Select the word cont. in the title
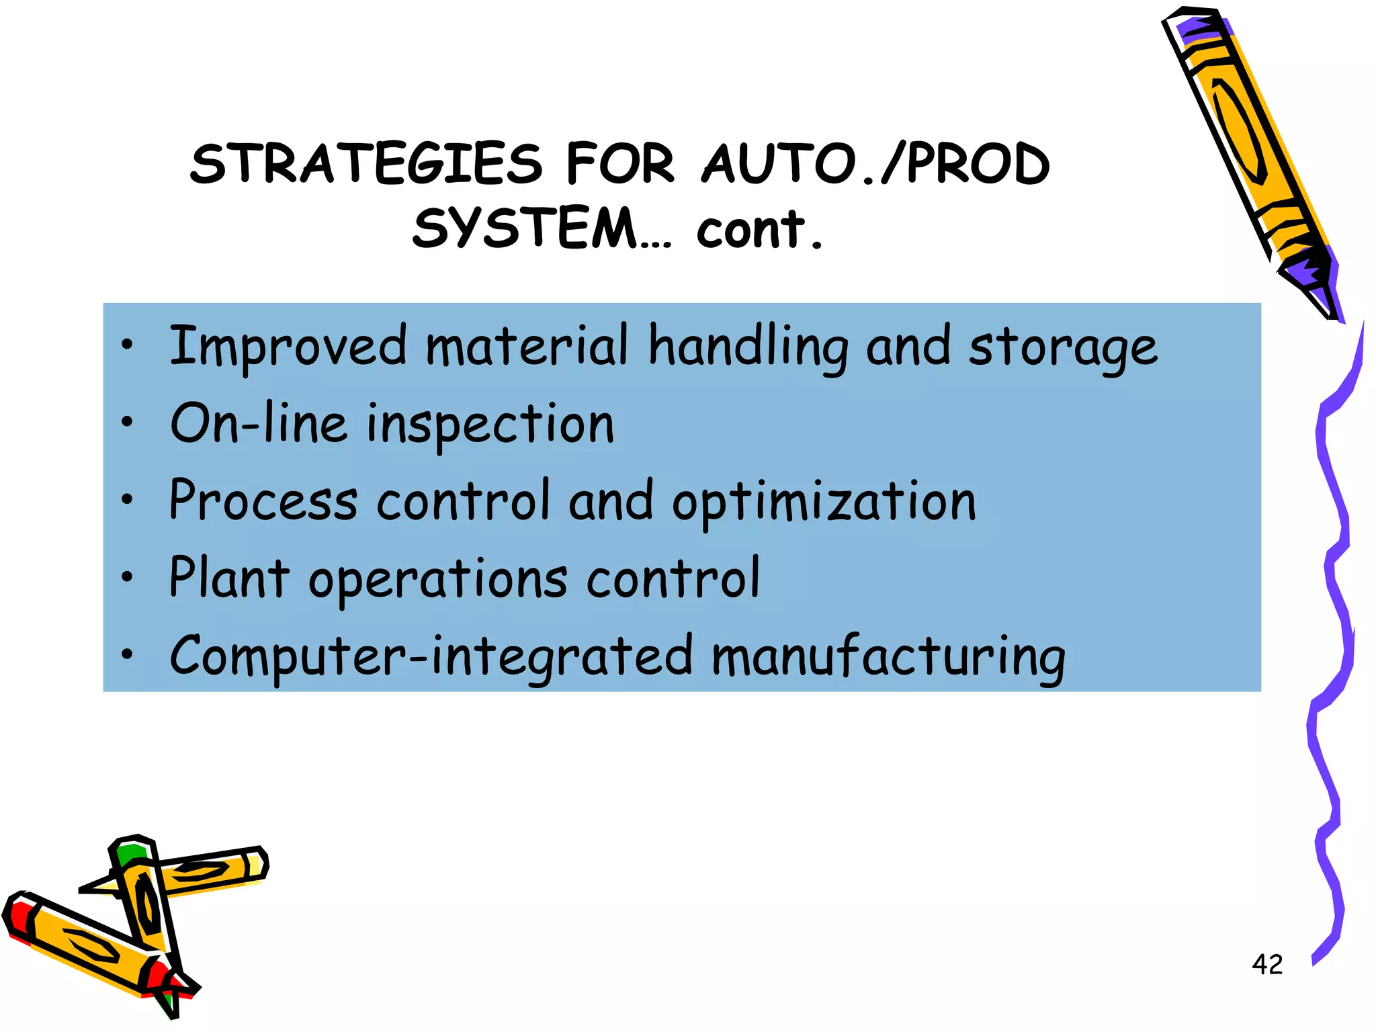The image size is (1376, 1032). [x=759, y=230]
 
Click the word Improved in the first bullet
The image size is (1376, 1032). [x=288, y=347]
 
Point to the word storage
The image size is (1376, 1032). [x=1063, y=348]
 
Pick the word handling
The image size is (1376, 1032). [x=748, y=347]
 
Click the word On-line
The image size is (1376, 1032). [x=259, y=423]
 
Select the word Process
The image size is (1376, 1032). [x=263, y=501]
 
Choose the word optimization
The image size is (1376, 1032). [x=824, y=503]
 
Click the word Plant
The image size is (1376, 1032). [x=229, y=578]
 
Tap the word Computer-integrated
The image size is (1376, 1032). [x=431, y=656]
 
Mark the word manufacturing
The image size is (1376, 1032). [x=888, y=656]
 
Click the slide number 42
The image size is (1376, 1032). [x=1267, y=965]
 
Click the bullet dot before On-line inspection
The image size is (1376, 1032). [x=127, y=422]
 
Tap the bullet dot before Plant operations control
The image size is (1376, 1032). [x=127, y=576]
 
